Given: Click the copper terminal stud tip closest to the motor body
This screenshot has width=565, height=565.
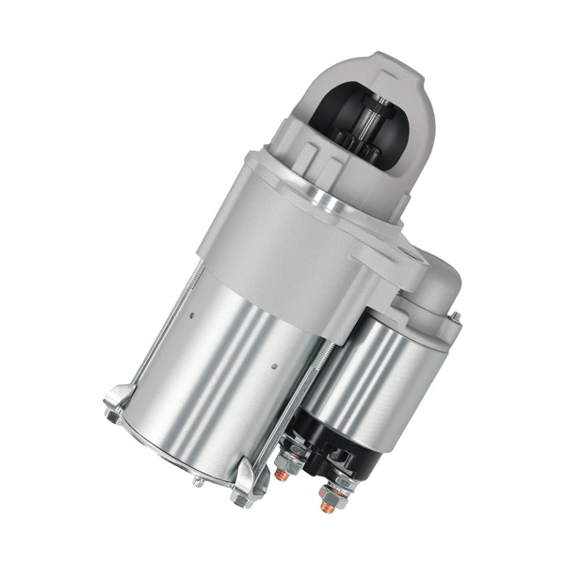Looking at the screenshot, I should click(x=280, y=476).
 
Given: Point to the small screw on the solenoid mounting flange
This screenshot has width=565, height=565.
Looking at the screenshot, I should click(x=455, y=316).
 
